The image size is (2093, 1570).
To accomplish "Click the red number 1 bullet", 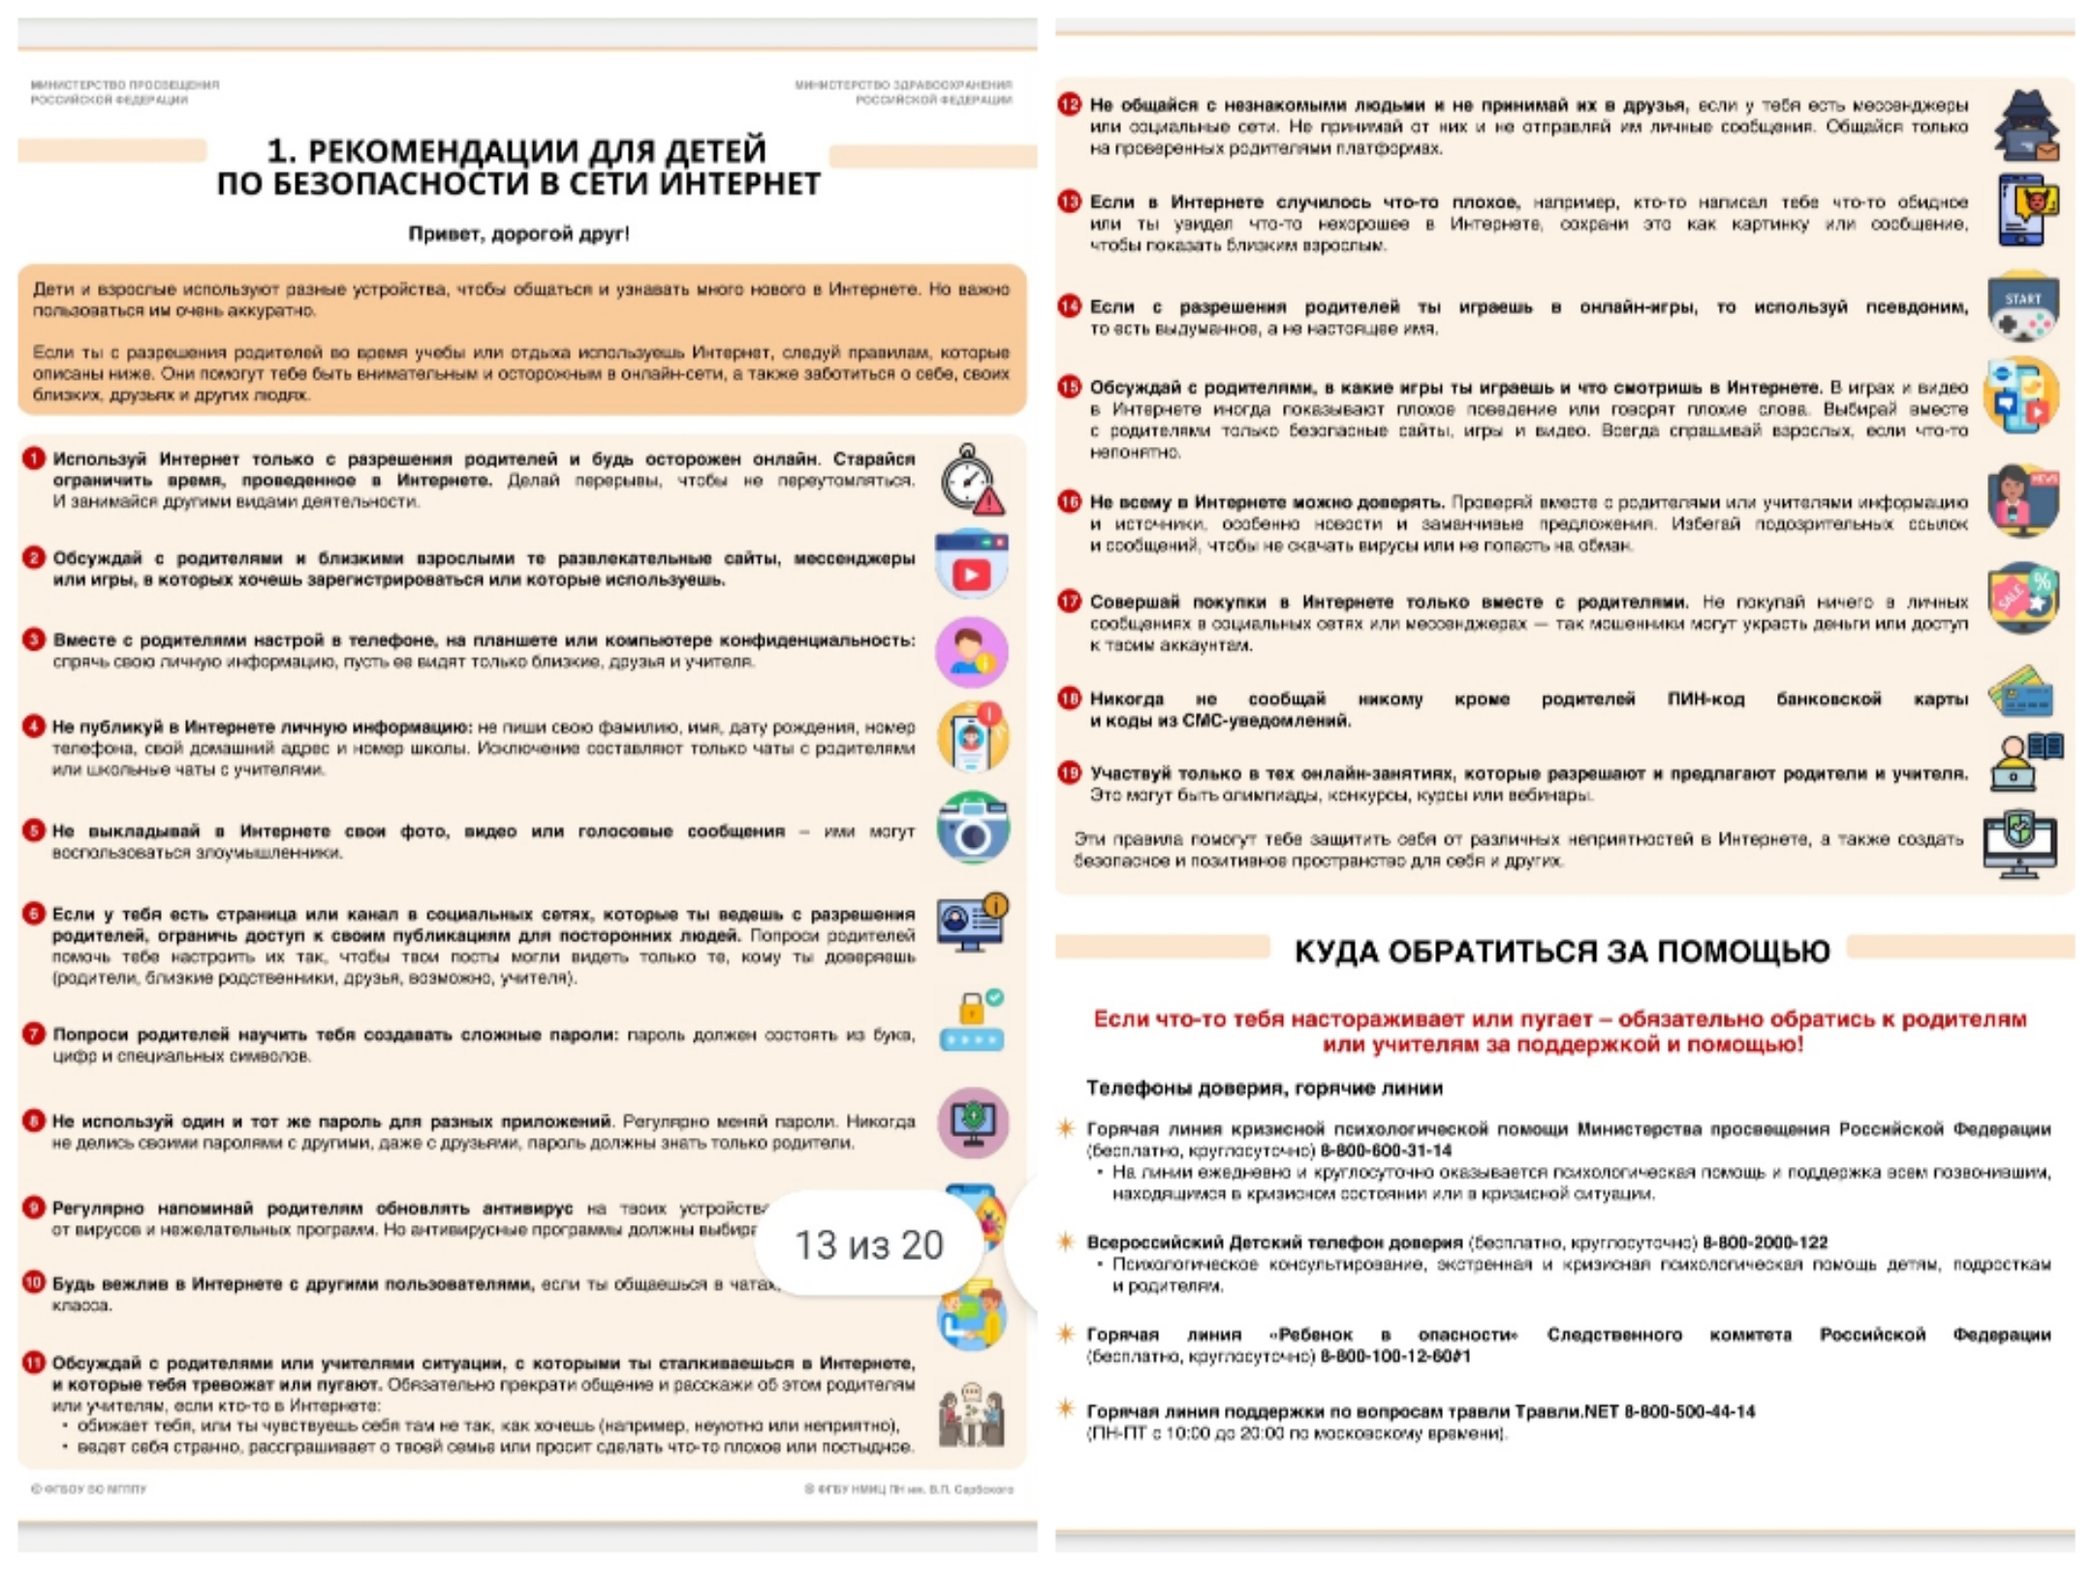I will pyautogui.click(x=34, y=458).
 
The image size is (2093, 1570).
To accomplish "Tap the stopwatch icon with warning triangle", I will pyautogui.click(x=971, y=480).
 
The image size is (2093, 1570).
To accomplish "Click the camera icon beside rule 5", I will pyautogui.click(x=972, y=829).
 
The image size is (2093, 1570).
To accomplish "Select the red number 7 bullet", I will pyautogui.click(x=34, y=1034).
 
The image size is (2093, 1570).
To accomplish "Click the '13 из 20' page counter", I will pyautogui.click(x=868, y=1245).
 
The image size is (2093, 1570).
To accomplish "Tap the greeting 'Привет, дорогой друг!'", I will pyautogui.click(x=518, y=234).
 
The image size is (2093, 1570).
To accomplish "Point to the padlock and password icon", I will pyautogui.click(x=971, y=1022).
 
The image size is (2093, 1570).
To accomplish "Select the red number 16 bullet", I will pyautogui.click(x=1070, y=502).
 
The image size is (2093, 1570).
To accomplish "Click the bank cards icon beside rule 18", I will pyautogui.click(x=2021, y=692).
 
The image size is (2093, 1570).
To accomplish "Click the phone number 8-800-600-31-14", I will pyautogui.click(x=1386, y=1151).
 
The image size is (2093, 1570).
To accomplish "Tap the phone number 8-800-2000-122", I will pyautogui.click(x=1765, y=1242).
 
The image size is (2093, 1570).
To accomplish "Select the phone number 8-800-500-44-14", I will pyautogui.click(x=1689, y=1412).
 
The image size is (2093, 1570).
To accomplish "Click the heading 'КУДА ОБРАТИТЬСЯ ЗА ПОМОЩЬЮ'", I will pyautogui.click(x=1562, y=952).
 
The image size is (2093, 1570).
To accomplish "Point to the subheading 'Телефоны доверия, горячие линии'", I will pyautogui.click(x=1265, y=1088).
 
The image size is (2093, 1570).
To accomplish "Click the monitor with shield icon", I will pyautogui.click(x=2020, y=843).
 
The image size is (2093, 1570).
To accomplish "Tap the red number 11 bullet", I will pyautogui.click(x=34, y=1363).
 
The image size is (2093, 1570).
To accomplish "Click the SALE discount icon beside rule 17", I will pyautogui.click(x=2023, y=597).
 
